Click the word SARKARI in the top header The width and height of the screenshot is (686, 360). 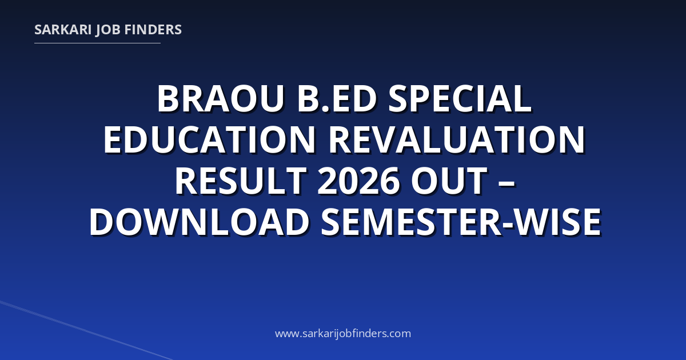[63, 30]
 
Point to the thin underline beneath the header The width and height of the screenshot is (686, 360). [97, 43]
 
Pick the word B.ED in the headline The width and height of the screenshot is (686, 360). [337, 99]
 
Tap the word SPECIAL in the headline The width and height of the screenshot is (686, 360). [460, 99]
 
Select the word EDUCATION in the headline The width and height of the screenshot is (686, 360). [209, 140]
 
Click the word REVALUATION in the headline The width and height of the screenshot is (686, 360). [457, 140]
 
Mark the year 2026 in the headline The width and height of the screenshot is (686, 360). [358, 181]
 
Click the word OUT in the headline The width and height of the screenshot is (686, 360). [449, 181]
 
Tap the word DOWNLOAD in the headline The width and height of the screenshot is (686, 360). [200, 222]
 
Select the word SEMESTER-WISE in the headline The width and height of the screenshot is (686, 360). [461, 222]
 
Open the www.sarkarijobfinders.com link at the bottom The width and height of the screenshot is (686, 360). [343, 333]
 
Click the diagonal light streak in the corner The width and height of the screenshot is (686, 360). [86, 330]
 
